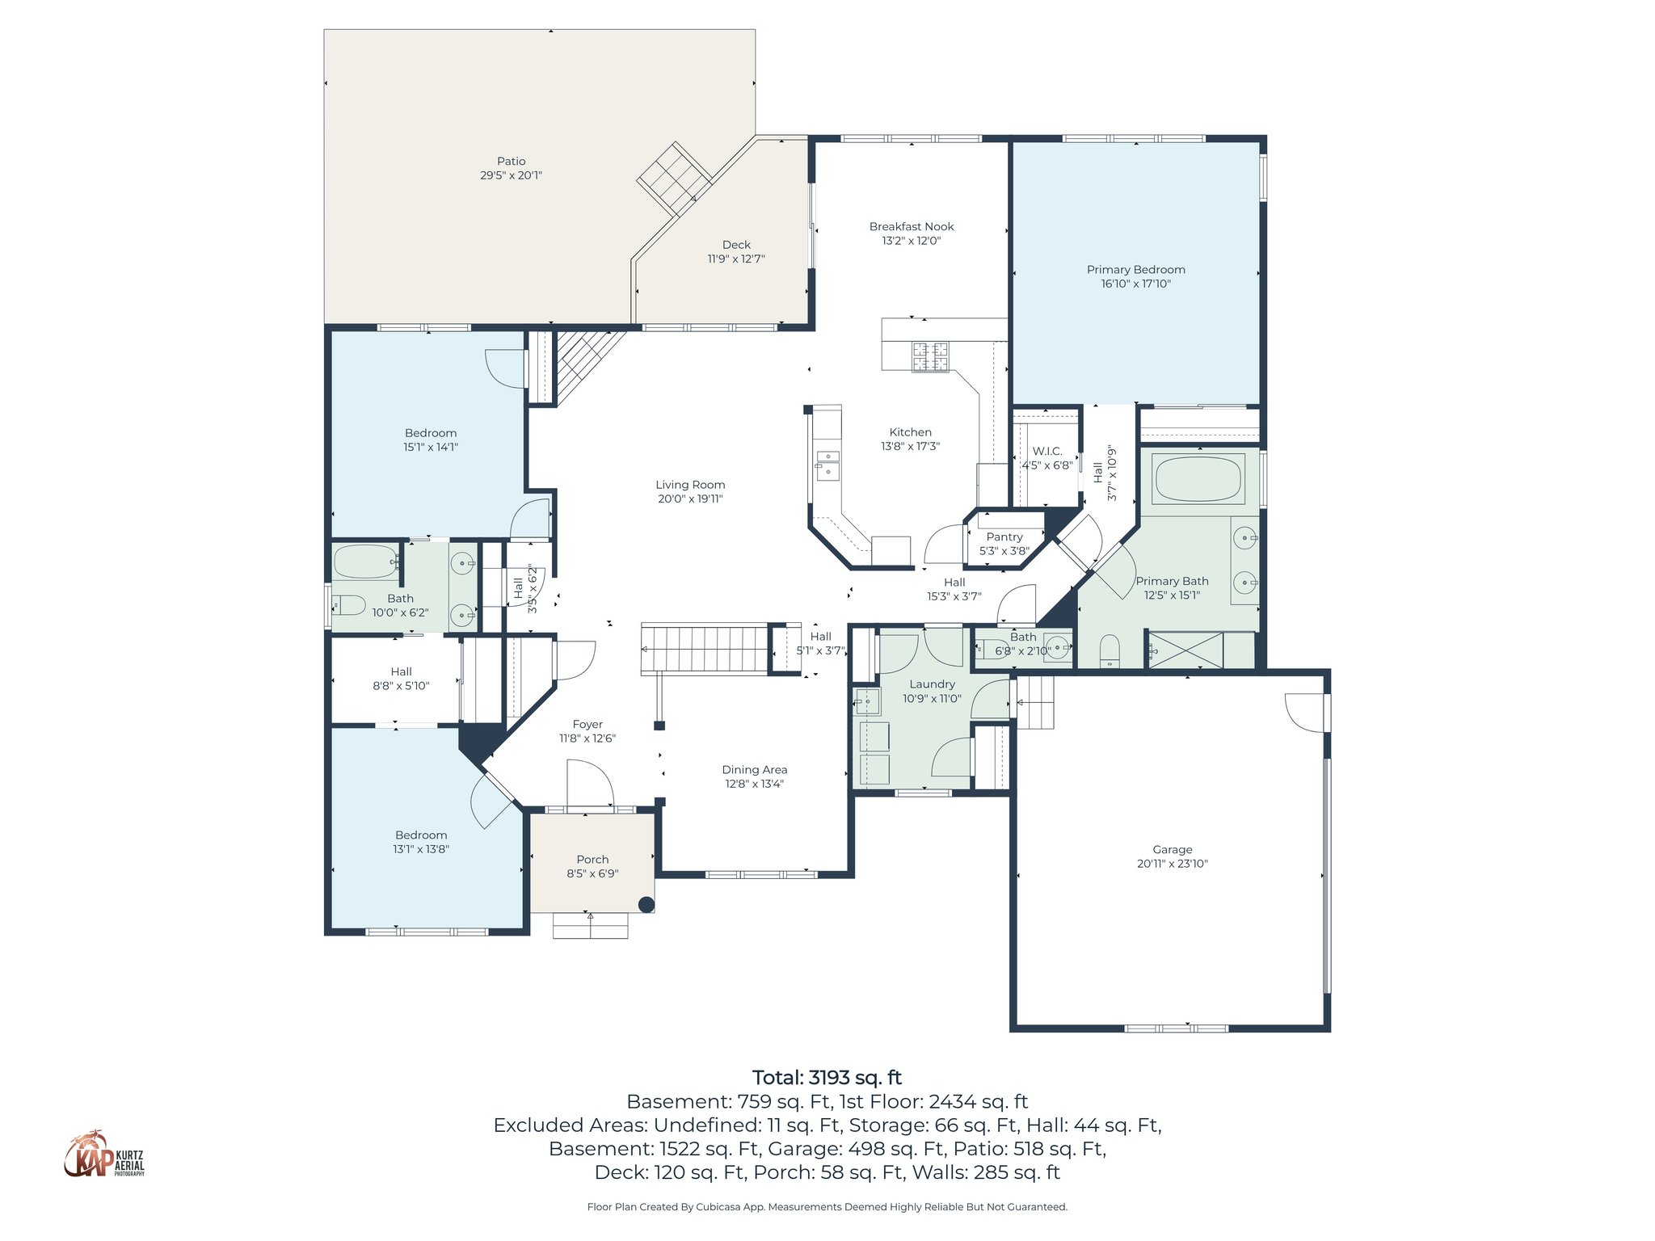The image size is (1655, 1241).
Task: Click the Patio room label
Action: coord(511,162)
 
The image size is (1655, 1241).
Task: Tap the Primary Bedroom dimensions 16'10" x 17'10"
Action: coord(1135,284)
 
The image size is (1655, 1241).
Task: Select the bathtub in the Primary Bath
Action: coord(1198,478)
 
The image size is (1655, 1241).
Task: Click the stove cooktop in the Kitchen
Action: coord(930,357)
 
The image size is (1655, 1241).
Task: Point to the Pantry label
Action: coord(1004,537)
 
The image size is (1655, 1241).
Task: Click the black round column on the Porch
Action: coord(646,905)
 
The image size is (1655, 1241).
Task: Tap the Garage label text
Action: coord(1172,849)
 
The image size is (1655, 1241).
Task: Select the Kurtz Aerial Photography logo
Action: coord(104,1155)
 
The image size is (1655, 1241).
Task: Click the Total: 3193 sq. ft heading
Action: coord(827,1077)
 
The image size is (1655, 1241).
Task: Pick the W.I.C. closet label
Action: coord(1047,452)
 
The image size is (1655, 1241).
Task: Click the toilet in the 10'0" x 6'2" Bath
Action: coord(349,604)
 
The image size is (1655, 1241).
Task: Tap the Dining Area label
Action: coord(754,770)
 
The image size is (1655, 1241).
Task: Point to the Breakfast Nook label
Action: coord(912,227)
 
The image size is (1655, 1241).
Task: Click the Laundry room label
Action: coord(932,684)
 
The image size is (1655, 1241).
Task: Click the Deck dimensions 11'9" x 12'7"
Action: coord(735,259)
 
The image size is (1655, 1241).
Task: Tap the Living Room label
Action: coord(690,485)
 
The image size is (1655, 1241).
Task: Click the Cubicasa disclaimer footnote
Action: coord(827,1207)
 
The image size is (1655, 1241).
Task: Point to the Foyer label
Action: coord(587,725)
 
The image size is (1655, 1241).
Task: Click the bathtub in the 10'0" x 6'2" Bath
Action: coord(365,562)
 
